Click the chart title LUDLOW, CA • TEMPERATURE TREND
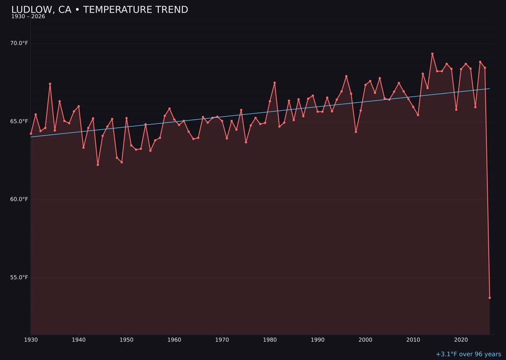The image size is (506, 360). pos(99,10)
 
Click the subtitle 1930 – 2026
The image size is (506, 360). pos(28,17)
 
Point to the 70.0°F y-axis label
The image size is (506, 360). pos(19,43)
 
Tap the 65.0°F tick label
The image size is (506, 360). pos(19,121)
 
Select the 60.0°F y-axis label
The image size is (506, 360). pos(19,199)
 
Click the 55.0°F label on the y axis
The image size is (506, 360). pos(19,277)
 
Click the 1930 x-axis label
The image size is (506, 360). pos(31,340)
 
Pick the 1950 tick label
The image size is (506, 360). pos(126,340)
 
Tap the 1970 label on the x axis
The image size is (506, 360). pos(222,340)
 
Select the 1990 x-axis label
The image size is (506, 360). pos(318,340)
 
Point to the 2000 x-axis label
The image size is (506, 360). pos(365,340)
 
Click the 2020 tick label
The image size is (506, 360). pos(461,340)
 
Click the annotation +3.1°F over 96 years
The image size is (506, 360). pos(468,354)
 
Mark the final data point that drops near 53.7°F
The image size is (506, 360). pos(490,298)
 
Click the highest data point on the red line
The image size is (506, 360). pos(432,54)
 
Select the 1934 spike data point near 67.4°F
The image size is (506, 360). pos(50,84)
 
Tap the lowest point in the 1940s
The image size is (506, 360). pos(98,165)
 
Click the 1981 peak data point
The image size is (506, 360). pos(275,83)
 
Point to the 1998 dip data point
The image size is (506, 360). pos(356,132)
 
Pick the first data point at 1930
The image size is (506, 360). pos(31,134)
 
